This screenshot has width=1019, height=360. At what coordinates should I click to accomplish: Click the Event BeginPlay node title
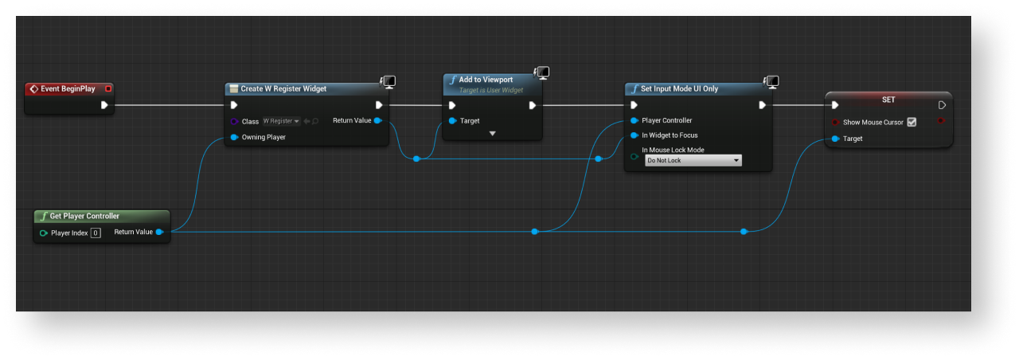pyautogui.click(x=68, y=88)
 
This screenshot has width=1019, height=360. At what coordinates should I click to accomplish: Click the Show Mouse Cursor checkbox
pyautogui.click(x=912, y=122)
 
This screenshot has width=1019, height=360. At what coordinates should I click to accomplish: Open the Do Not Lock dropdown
pyautogui.click(x=693, y=160)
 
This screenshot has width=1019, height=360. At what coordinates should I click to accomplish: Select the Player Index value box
pyautogui.click(x=96, y=233)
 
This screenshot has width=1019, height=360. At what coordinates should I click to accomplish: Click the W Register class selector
pyautogui.click(x=281, y=121)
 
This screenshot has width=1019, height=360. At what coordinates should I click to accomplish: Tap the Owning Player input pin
pyautogui.click(x=234, y=137)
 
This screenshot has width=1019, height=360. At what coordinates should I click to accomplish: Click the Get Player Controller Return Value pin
pyautogui.click(x=159, y=232)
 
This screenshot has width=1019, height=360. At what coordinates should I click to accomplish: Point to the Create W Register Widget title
pyautogui.click(x=283, y=88)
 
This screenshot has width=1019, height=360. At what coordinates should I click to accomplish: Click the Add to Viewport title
pyautogui.click(x=486, y=80)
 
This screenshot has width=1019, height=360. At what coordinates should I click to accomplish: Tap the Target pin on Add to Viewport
pyautogui.click(x=452, y=121)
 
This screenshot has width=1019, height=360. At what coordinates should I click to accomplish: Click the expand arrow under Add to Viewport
pyautogui.click(x=492, y=133)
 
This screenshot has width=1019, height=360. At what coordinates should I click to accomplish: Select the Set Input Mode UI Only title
pyautogui.click(x=679, y=88)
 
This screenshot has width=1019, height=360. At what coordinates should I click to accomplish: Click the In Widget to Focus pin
pyautogui.click(x=634, y=135)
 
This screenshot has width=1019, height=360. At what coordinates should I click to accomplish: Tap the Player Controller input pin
pyautogui.click(x=634, y=120)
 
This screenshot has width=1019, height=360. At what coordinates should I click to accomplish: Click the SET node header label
pyautogui.click(x=888, y=100)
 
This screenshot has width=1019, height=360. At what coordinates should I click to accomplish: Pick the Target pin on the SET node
pyautogui.click(x=835, y=139)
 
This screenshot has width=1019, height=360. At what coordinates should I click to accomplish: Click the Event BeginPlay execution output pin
pyautogui.click(x=104, y=104)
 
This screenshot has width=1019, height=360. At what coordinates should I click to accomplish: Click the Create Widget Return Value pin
pyautogui.click(x=377, y=120)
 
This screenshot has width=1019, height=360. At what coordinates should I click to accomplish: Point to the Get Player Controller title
pyautogui.click(x=84, y=216)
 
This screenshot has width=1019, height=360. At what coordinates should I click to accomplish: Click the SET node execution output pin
pyautogui.click(x=942, y=104)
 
